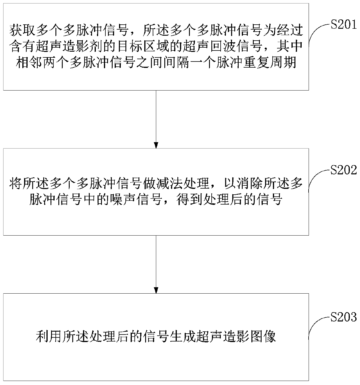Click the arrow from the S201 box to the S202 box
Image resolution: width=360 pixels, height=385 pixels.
(x=156, y=119)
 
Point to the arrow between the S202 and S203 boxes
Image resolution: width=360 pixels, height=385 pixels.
(x=156, y=264)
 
